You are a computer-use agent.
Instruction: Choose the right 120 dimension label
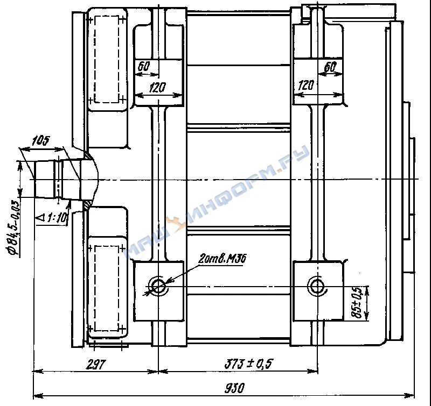305,86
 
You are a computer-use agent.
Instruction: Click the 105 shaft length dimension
40,141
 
